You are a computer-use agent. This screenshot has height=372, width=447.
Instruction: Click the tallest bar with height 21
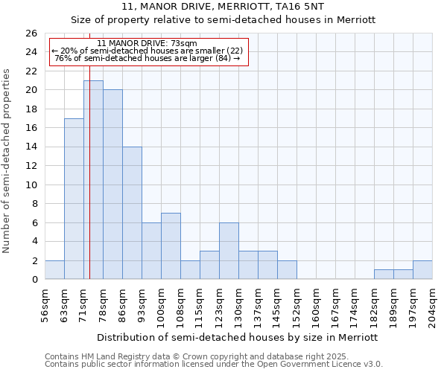(x=93, y=180)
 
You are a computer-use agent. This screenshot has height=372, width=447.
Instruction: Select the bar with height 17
(x=74, y=199)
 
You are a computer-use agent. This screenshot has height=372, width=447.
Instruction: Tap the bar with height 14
(x=132, y=213)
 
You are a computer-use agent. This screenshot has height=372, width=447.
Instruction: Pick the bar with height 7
(x=171, y=246)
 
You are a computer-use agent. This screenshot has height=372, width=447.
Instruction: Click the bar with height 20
(x=112, y=185)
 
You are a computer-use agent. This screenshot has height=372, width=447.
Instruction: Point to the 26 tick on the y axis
(x=31, y=33)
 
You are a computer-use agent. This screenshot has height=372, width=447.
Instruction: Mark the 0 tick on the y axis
(x=34, y=280)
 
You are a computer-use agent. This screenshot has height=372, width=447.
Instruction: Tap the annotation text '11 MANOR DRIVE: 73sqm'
(x=147, y=44)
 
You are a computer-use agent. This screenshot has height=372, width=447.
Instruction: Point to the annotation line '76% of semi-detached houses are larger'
(x=148, y=59)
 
